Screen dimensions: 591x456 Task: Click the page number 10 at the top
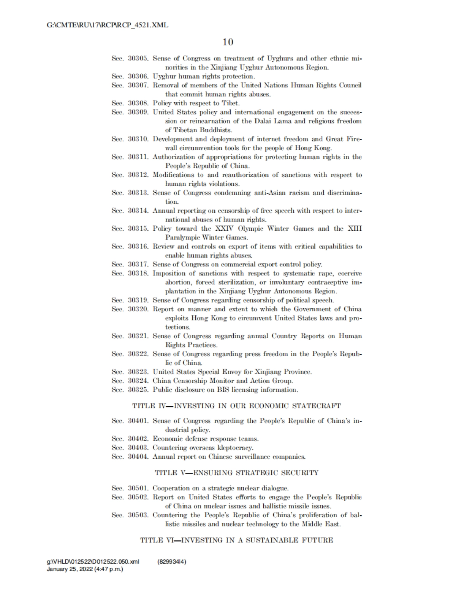228,42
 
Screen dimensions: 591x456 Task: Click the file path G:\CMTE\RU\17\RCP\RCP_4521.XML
107,25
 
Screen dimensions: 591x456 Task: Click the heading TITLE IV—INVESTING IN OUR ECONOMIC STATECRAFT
236,406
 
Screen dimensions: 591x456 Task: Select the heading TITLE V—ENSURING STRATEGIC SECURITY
236,473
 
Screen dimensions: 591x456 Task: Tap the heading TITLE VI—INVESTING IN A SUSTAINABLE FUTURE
236,540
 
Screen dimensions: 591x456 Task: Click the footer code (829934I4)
171,562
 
